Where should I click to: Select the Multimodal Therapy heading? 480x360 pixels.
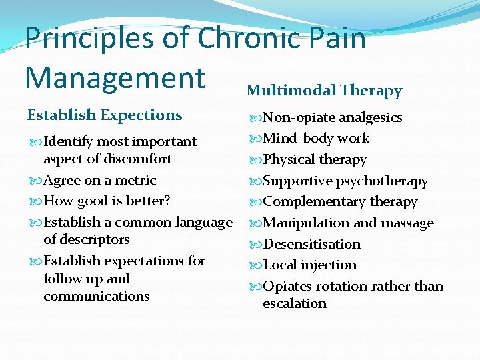tap(324, 91)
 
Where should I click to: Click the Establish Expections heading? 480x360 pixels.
tap(104, 115)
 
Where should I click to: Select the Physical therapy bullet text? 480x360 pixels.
tap(315, 160)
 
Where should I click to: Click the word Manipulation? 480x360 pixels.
tap(303, 223)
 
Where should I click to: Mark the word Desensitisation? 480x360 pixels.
tap(311, 244)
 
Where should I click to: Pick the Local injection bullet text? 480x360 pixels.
tap(309, 265)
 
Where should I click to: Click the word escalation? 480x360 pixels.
tap(295, 304)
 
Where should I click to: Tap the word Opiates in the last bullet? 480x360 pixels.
tap(287, 286)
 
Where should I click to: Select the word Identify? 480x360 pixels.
tap(67, 142)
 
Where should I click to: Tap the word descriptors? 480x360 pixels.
tap(87, 239)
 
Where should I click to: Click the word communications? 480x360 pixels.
tap(97, 297)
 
